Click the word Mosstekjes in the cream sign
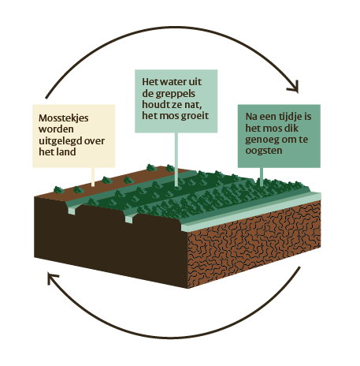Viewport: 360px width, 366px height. (63, 118)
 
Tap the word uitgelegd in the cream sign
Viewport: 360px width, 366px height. (61, 141)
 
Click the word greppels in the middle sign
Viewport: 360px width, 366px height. (176, 94)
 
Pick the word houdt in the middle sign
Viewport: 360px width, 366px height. (154, 104)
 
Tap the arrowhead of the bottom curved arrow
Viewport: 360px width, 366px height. (52, 278)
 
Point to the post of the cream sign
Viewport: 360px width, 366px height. (93, 177)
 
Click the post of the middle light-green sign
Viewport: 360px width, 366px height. (176, 159)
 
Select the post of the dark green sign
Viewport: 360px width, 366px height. (262, 177)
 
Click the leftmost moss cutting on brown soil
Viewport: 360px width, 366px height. (58, 189)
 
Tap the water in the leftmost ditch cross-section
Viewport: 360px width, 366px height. (72, 211)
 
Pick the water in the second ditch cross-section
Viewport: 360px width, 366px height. (129, 219)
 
